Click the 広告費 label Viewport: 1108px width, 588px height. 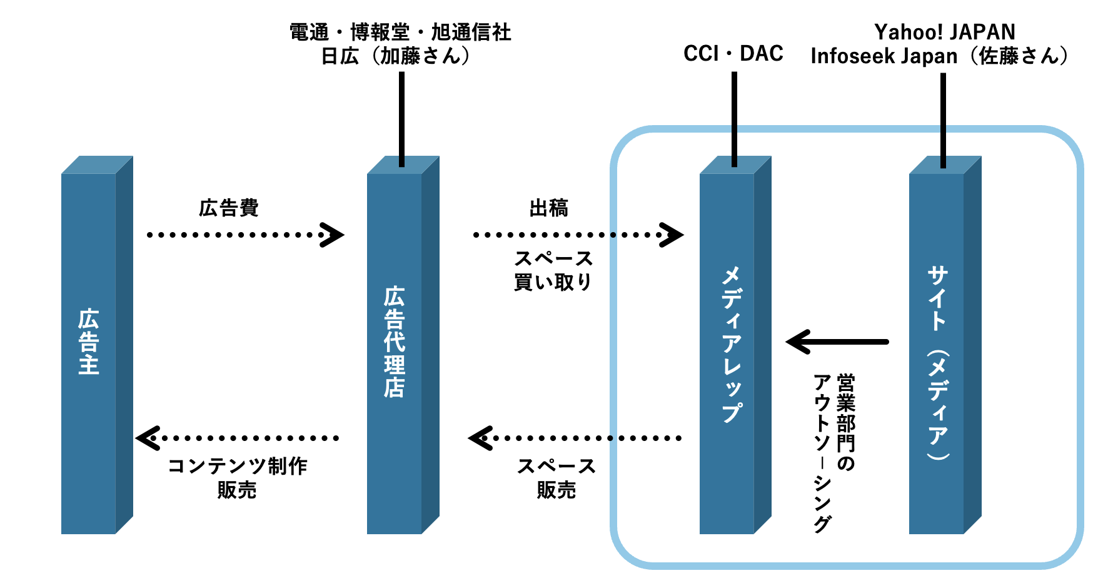[x=229, y=208]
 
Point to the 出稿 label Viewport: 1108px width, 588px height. [x=548, y=208]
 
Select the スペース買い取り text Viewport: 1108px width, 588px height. [x=553, y=270]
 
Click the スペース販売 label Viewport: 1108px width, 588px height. [x=556, y=478]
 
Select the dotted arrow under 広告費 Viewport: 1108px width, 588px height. [x=244, y=235]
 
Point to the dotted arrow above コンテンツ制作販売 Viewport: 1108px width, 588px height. [x=238, y=438]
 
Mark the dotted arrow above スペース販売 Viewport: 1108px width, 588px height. [x=575, y=438]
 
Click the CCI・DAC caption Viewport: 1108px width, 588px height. [x=733, y=54]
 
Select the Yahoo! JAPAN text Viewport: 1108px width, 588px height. [x=944, y=32]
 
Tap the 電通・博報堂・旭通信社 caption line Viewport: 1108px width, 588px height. [x=400, y=32]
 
